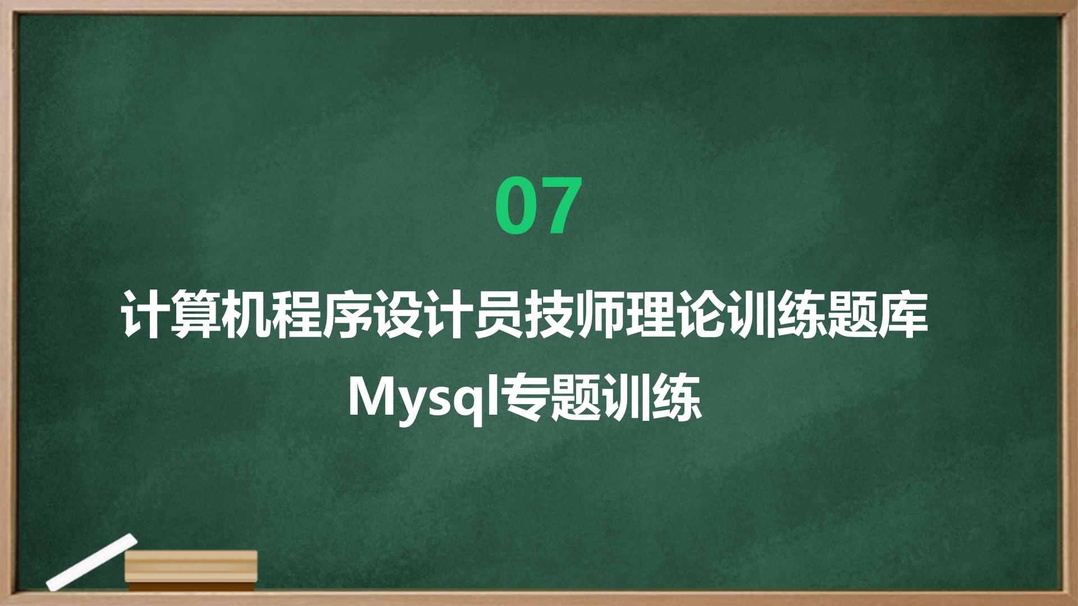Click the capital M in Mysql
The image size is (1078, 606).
(371, 397)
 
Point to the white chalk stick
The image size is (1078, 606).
(92, 562)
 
